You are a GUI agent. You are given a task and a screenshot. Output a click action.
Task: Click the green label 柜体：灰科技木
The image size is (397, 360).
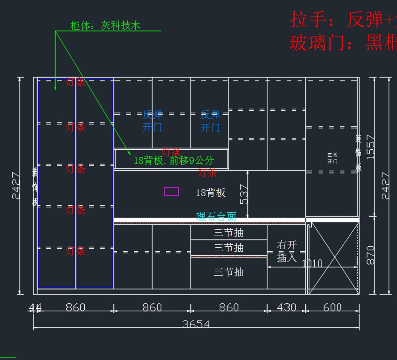(x=105, y=26)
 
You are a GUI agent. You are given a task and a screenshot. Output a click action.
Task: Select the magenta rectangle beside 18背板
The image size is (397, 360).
(x=171, y=191)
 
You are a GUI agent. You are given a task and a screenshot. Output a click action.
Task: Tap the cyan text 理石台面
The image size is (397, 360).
(x=216, y=217)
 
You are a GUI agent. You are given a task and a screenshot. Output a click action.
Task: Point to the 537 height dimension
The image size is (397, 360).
(x=243, y=194)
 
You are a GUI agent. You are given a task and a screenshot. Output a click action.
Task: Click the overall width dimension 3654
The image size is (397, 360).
(x=196, y=324)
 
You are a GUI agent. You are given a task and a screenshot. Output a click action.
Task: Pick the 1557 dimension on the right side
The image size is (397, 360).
(x=371, y=147)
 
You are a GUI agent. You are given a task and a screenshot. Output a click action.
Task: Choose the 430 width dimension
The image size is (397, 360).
(x=286, y=307)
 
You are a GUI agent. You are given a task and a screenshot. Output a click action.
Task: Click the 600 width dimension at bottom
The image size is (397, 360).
(x=332, y=307)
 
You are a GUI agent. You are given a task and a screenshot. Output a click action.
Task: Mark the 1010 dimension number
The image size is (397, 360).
(x=312, y=263)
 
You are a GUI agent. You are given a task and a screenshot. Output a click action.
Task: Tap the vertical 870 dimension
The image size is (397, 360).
(x=371, y=255)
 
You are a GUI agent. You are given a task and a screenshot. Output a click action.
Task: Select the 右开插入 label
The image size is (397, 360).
(x=287, y=251)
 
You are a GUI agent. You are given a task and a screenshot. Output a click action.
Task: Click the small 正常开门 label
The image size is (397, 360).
(x=332, y=158)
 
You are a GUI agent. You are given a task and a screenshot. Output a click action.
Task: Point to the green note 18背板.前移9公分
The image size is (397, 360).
(x=174, y=161)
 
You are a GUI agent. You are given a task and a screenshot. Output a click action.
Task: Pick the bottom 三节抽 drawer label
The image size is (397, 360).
(x=229, y=272)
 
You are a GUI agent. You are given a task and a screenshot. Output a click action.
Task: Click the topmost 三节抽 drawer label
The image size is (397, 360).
(x=229, y=233)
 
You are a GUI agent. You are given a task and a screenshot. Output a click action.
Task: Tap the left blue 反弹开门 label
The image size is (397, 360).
(x=152, y=121)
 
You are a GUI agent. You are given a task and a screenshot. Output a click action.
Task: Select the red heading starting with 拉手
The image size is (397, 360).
(x=342, y=20)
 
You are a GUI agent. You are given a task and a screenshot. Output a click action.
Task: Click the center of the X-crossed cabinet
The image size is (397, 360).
(x=334, y=258)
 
